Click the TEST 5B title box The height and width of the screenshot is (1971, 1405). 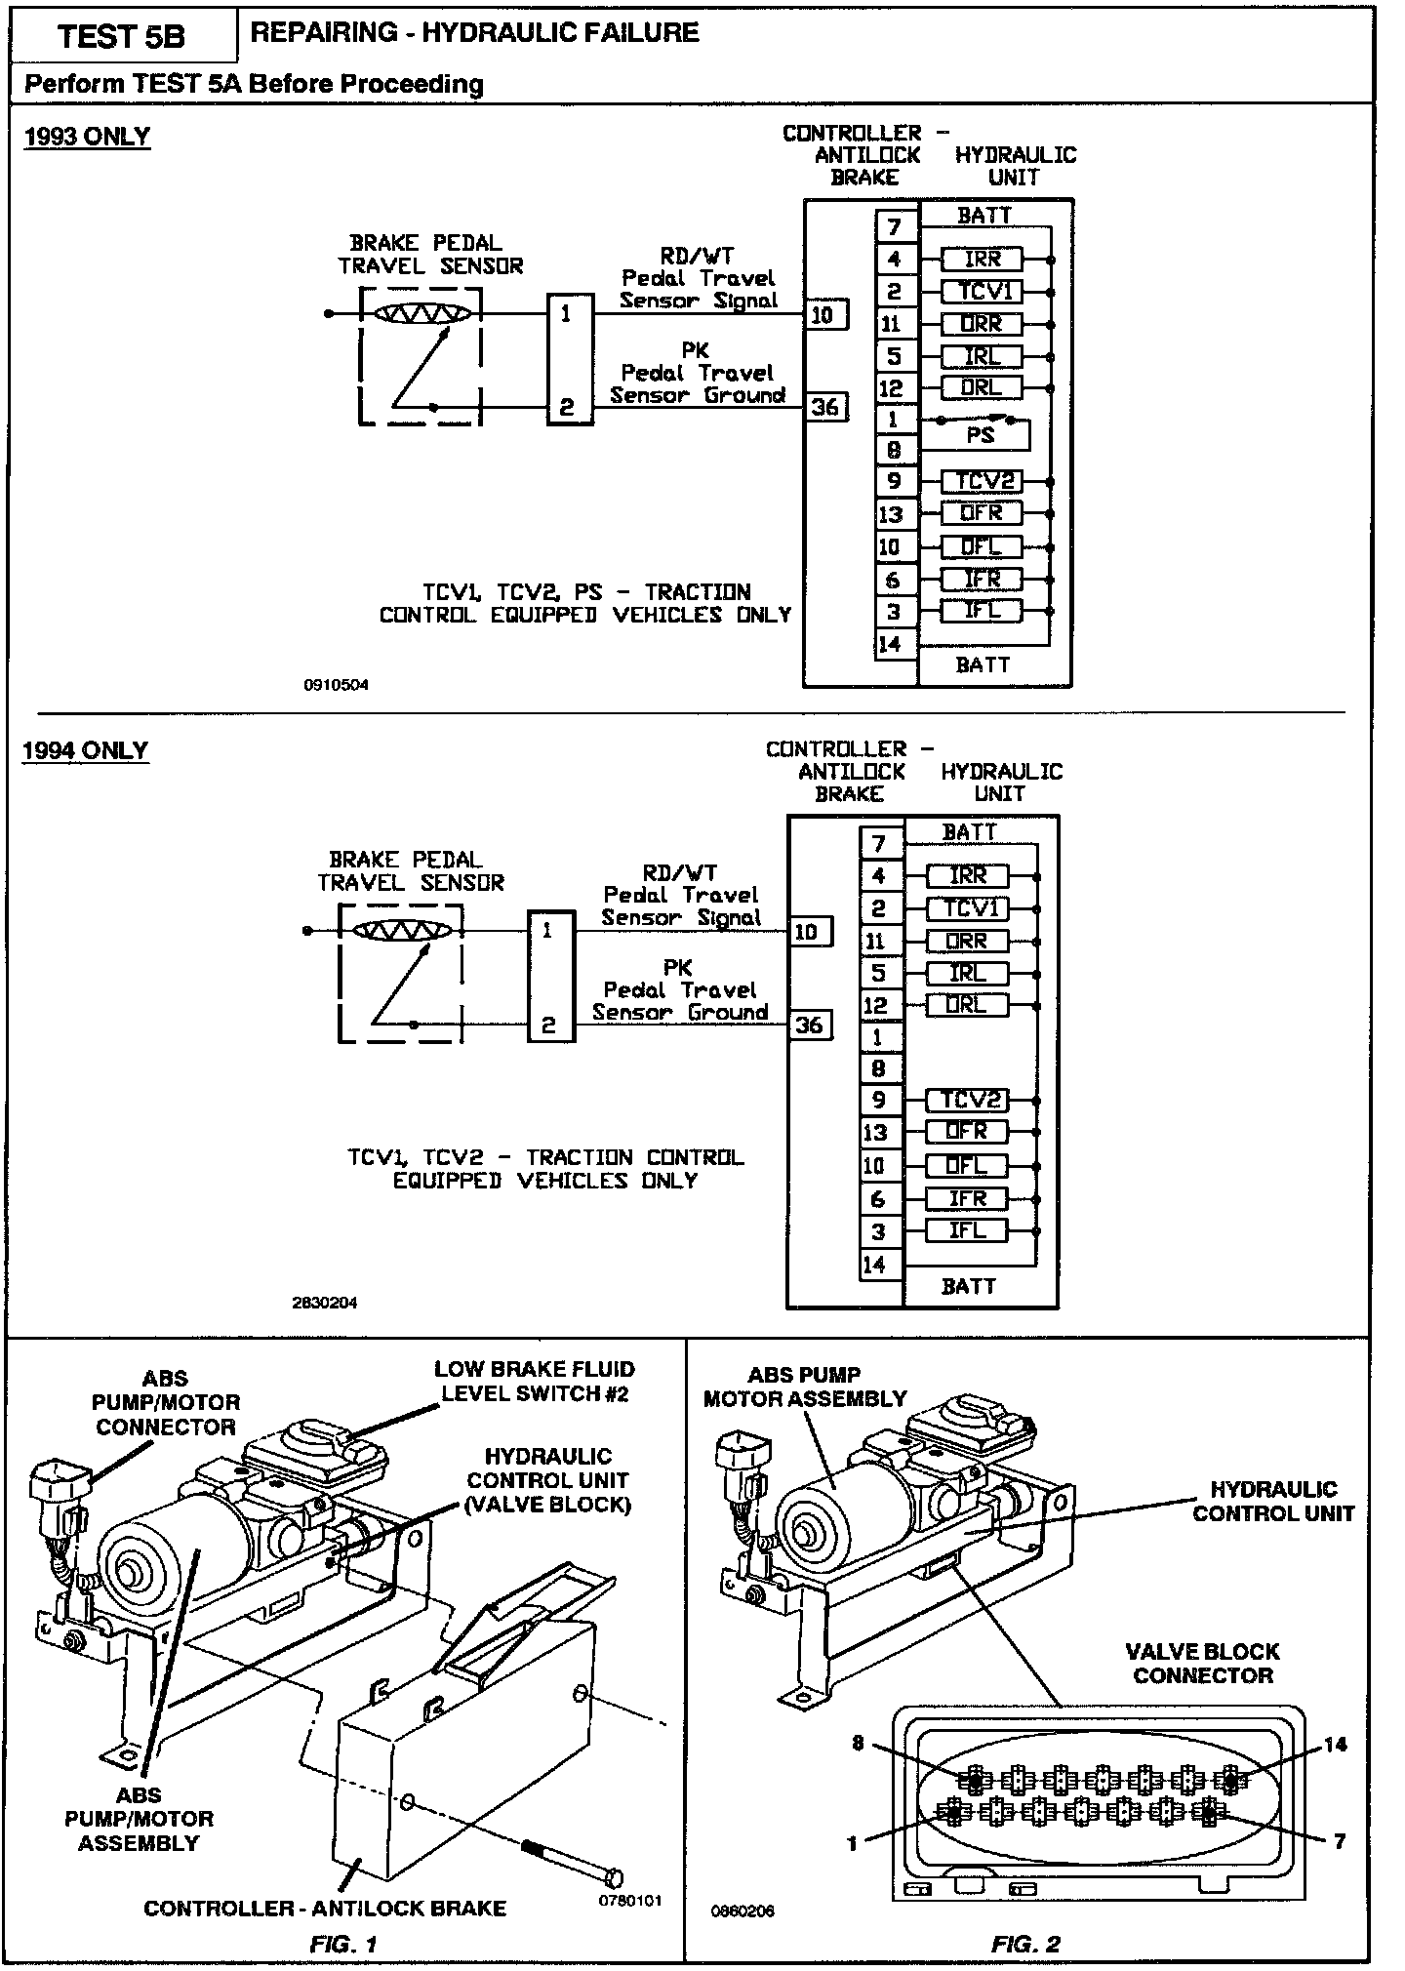click(121, 36)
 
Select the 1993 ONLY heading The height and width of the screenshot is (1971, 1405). click(87, 136)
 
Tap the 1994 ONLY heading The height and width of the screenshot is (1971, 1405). click(86, 750)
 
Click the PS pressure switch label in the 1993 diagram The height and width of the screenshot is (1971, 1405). click(980, 435)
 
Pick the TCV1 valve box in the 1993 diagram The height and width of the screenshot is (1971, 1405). click(983, 291)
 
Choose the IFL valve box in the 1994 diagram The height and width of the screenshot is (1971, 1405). click(967, 1230)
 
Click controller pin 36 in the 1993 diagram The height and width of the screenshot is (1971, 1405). click(825, 406)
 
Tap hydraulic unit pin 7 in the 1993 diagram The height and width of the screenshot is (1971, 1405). click(896, 227)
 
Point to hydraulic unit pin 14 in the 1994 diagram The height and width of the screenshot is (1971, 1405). click(875, 1266)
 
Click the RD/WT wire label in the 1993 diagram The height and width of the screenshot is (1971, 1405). click(697, 256)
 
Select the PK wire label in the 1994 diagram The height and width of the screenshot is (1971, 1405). click(677, 968)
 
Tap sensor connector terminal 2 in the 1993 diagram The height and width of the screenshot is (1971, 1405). click(567, 407)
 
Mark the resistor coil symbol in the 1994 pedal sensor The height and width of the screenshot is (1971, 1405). click(402, 931)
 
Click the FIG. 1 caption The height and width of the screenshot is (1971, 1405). click(343, 1944)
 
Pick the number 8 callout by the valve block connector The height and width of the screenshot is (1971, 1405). click(859, 1744)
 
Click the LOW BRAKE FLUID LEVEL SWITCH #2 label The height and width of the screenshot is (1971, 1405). click(535, 1381)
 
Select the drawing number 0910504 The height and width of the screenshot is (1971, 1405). click(337, 685)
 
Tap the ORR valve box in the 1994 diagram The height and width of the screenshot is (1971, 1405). click(967, 942)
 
